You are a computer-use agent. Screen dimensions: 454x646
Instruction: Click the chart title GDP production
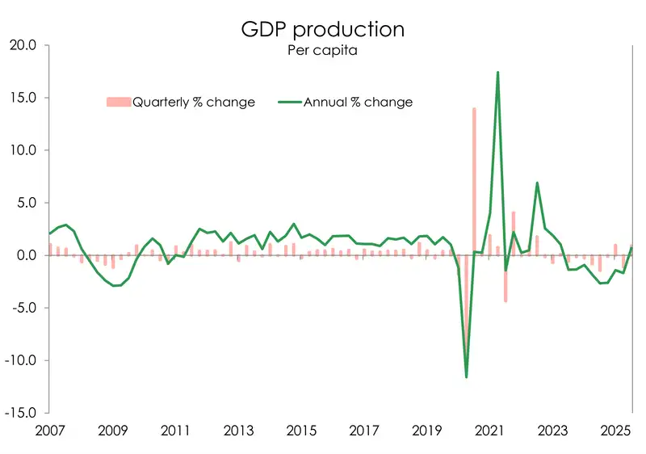click(323, 29)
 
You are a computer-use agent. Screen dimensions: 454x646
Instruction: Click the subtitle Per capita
click(322, 51)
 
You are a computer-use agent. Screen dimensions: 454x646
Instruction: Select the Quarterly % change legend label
click(193, 102)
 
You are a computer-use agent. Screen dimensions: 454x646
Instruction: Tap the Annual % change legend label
click(358, 102)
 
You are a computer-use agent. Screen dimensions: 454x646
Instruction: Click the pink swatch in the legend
click(118, 102)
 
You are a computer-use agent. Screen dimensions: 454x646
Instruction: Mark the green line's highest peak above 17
click(497, 73)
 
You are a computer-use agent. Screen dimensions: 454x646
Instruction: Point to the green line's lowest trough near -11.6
click(466, 376)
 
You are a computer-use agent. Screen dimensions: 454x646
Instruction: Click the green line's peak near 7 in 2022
click(537, 183)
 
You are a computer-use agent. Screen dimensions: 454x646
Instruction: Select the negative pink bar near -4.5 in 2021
click(505, 279)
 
